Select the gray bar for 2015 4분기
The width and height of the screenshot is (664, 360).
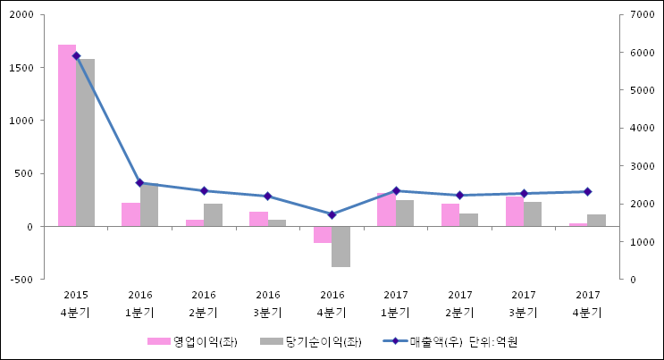(x=86, y=143)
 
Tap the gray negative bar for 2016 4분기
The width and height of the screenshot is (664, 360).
(x=341, y=247)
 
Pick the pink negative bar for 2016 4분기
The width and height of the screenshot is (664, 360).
(x=323, y=234)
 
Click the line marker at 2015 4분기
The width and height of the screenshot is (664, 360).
(x=76, y=55)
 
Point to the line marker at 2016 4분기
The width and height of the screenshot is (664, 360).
(x=332, y=214)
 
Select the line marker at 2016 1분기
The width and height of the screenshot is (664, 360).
(x=140, y=183)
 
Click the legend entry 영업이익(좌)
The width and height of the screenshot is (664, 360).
(x=193, y=341)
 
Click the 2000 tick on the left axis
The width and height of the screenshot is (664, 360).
(x=22, y=15)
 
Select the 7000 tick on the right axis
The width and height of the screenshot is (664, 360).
(x=643, y=15)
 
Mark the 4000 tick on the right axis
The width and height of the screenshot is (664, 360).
(x=643, y=129)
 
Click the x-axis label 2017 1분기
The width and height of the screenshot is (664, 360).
(x=396, y=304)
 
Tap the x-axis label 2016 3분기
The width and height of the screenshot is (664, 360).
(x=268, y=304)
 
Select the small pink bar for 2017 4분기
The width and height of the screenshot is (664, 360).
(x=578, y=224)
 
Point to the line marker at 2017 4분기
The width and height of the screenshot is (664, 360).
(x=587, y=191)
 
